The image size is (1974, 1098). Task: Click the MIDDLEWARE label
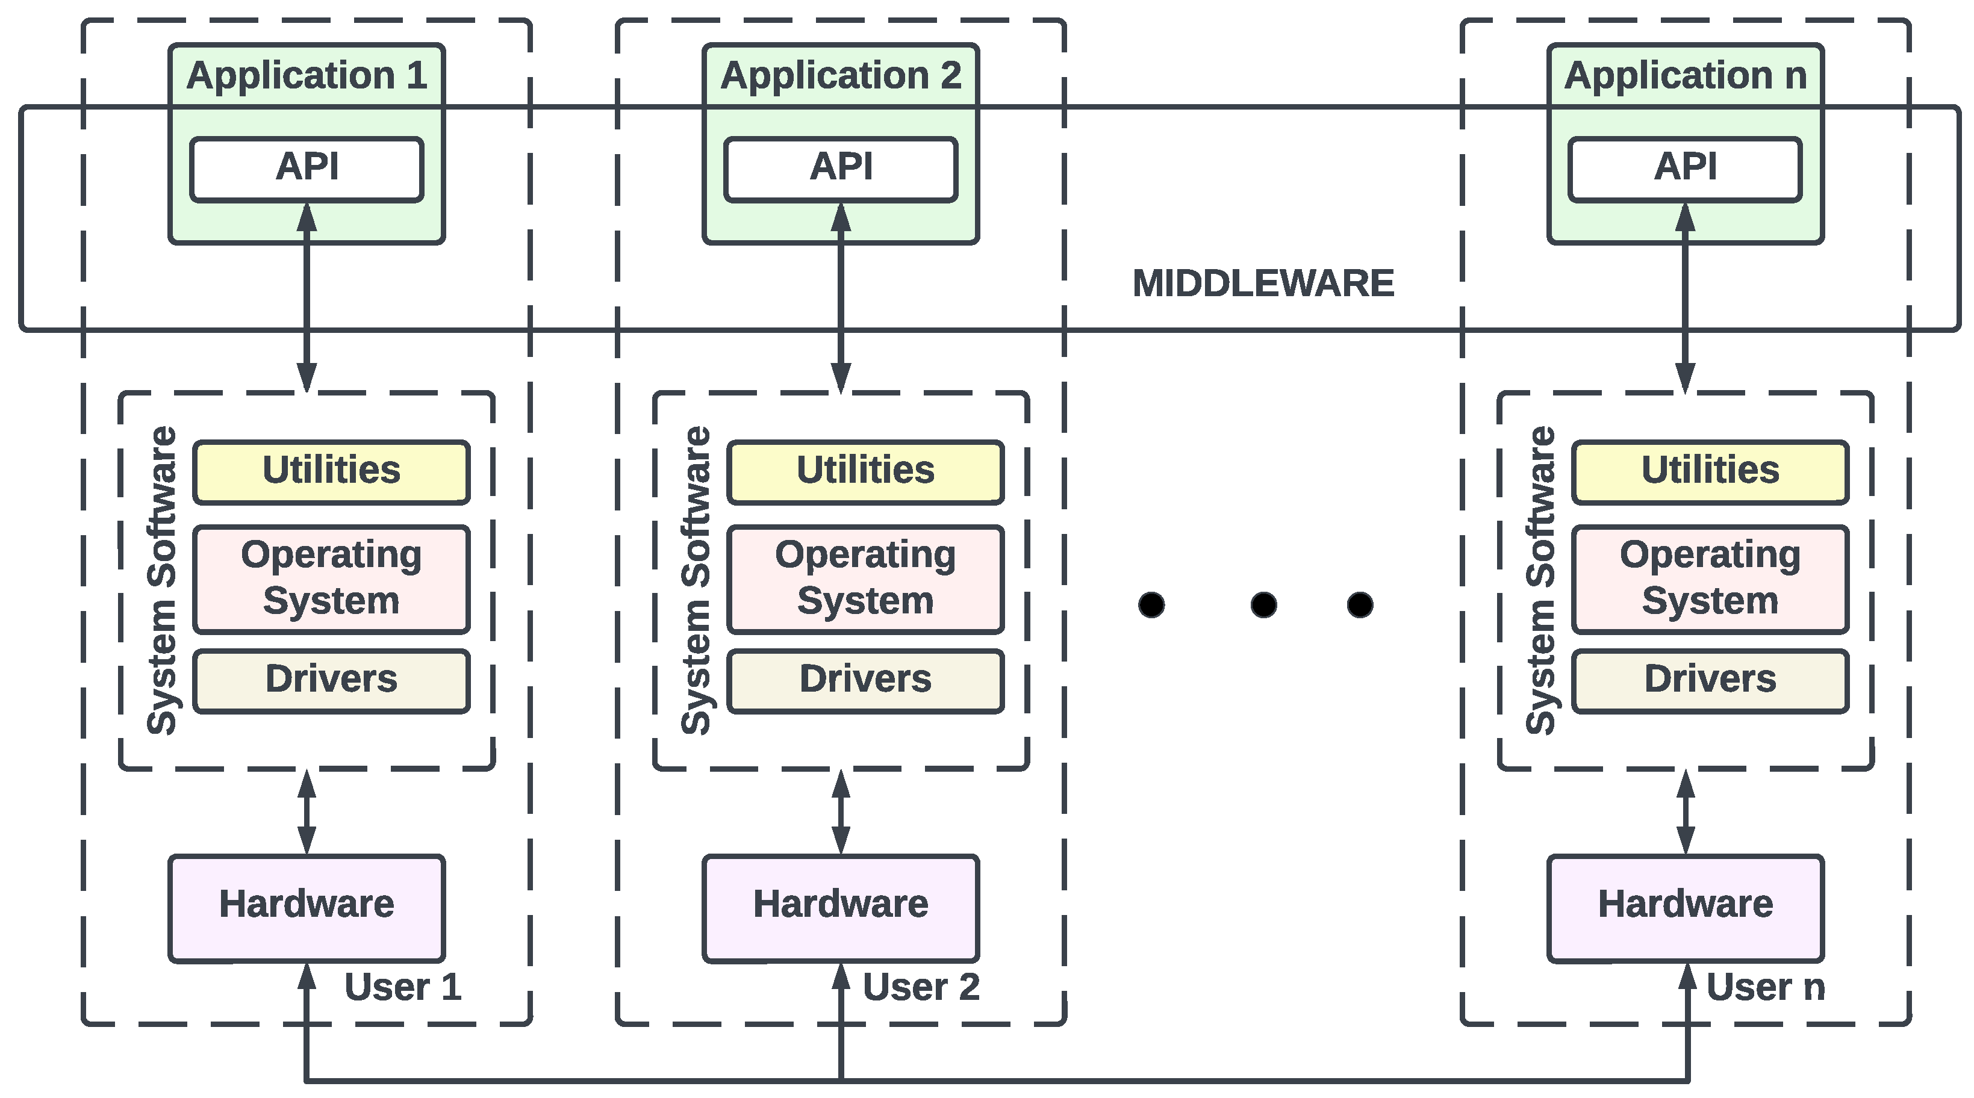[x=1263, y=284]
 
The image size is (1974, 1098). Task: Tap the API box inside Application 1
[x=307, y=169]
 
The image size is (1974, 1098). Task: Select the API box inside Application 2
[x=841, y=169]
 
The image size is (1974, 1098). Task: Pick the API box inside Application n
[x=1685, y=169]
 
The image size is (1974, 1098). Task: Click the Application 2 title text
[x=841, y=75]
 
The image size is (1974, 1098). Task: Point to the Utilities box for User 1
[x=331, y=472]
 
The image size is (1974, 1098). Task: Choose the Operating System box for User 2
[x=865, y=579]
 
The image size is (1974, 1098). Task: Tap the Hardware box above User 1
[x=307, y=908]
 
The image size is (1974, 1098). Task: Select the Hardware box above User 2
[x=841, y=908]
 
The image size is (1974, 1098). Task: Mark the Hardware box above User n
[x=1685, y=908]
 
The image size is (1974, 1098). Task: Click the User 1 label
[x=403, y=987]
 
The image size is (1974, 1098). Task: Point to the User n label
[x=1766, y=987]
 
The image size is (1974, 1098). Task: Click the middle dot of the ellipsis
[x=1263, y=604]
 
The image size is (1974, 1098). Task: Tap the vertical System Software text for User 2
[x=696, y=580]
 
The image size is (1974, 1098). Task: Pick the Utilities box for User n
[x=1710, y=472]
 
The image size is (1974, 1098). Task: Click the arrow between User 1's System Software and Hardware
[x=307, y=812]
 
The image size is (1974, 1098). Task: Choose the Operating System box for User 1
[x=331, y=579]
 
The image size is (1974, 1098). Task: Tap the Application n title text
[x=1685, y=75]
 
